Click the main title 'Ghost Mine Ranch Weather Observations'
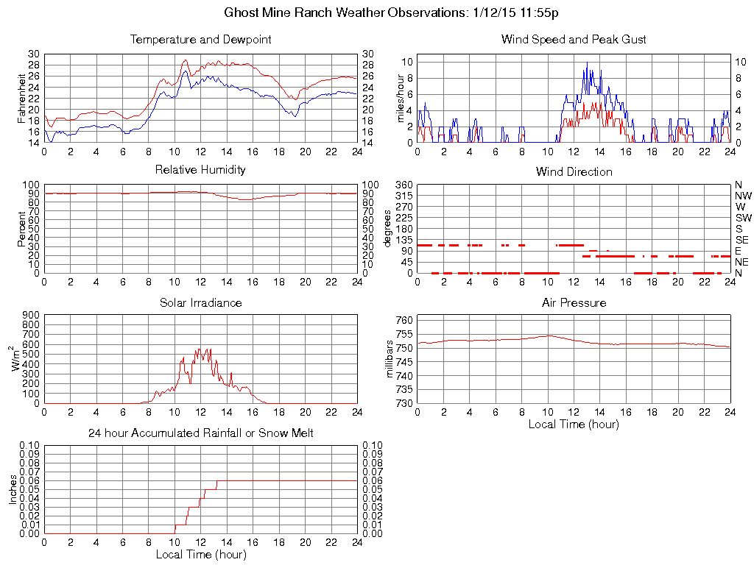(343, 13)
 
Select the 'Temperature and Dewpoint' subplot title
(200, 39)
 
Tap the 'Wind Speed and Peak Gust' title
(573, 39)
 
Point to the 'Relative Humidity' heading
(200, 170)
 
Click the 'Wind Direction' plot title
(574, 171)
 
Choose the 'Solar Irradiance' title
(200, 302)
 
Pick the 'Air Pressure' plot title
(574, 302)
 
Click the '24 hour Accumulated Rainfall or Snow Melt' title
(200, 433)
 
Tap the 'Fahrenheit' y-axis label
(22, 99)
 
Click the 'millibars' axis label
(391, 360)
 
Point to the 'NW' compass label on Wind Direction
(742, 196)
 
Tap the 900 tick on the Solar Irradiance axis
(32, 315)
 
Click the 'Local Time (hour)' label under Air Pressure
(574, 424)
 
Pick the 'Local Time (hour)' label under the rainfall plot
(200, 554)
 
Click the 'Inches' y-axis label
(13, 489)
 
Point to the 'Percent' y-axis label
(22, 229)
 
